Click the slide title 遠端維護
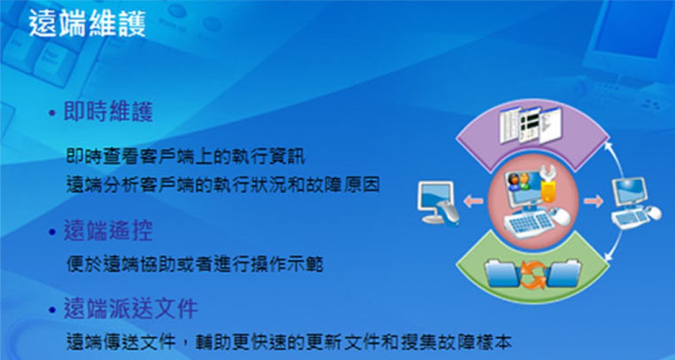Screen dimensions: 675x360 point(88,24)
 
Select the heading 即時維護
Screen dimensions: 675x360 point(108,112)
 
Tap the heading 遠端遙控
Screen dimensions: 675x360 point(108,231)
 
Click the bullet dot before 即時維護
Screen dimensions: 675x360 point(53,113)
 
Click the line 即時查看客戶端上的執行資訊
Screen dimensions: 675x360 point(185,157)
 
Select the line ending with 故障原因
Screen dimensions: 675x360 point(223,185)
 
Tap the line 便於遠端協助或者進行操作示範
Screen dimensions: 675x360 point(194,264)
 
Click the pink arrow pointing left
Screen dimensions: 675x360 point(473,201)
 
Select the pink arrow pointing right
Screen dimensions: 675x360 point(593,201)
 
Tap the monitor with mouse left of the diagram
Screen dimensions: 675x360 point(438,203)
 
